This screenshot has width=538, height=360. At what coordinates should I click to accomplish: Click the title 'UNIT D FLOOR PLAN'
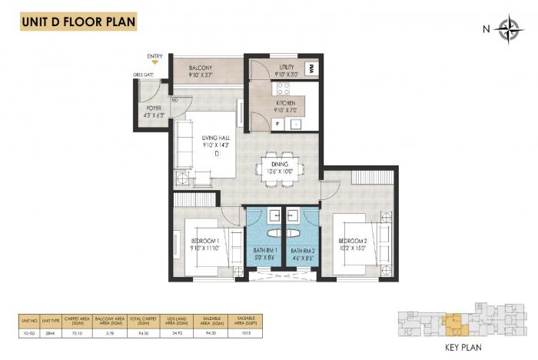click(74, 20)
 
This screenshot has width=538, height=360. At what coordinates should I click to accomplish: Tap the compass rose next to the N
click(508, 30)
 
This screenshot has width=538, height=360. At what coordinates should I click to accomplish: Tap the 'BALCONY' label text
click(201, 68)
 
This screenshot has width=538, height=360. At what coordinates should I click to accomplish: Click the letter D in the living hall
click(217, 154)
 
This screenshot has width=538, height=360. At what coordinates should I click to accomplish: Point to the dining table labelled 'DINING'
click(275, 168)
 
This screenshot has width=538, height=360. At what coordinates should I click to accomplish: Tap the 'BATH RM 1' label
click(264, 250)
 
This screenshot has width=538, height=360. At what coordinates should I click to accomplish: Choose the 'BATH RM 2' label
click(302, 250)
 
